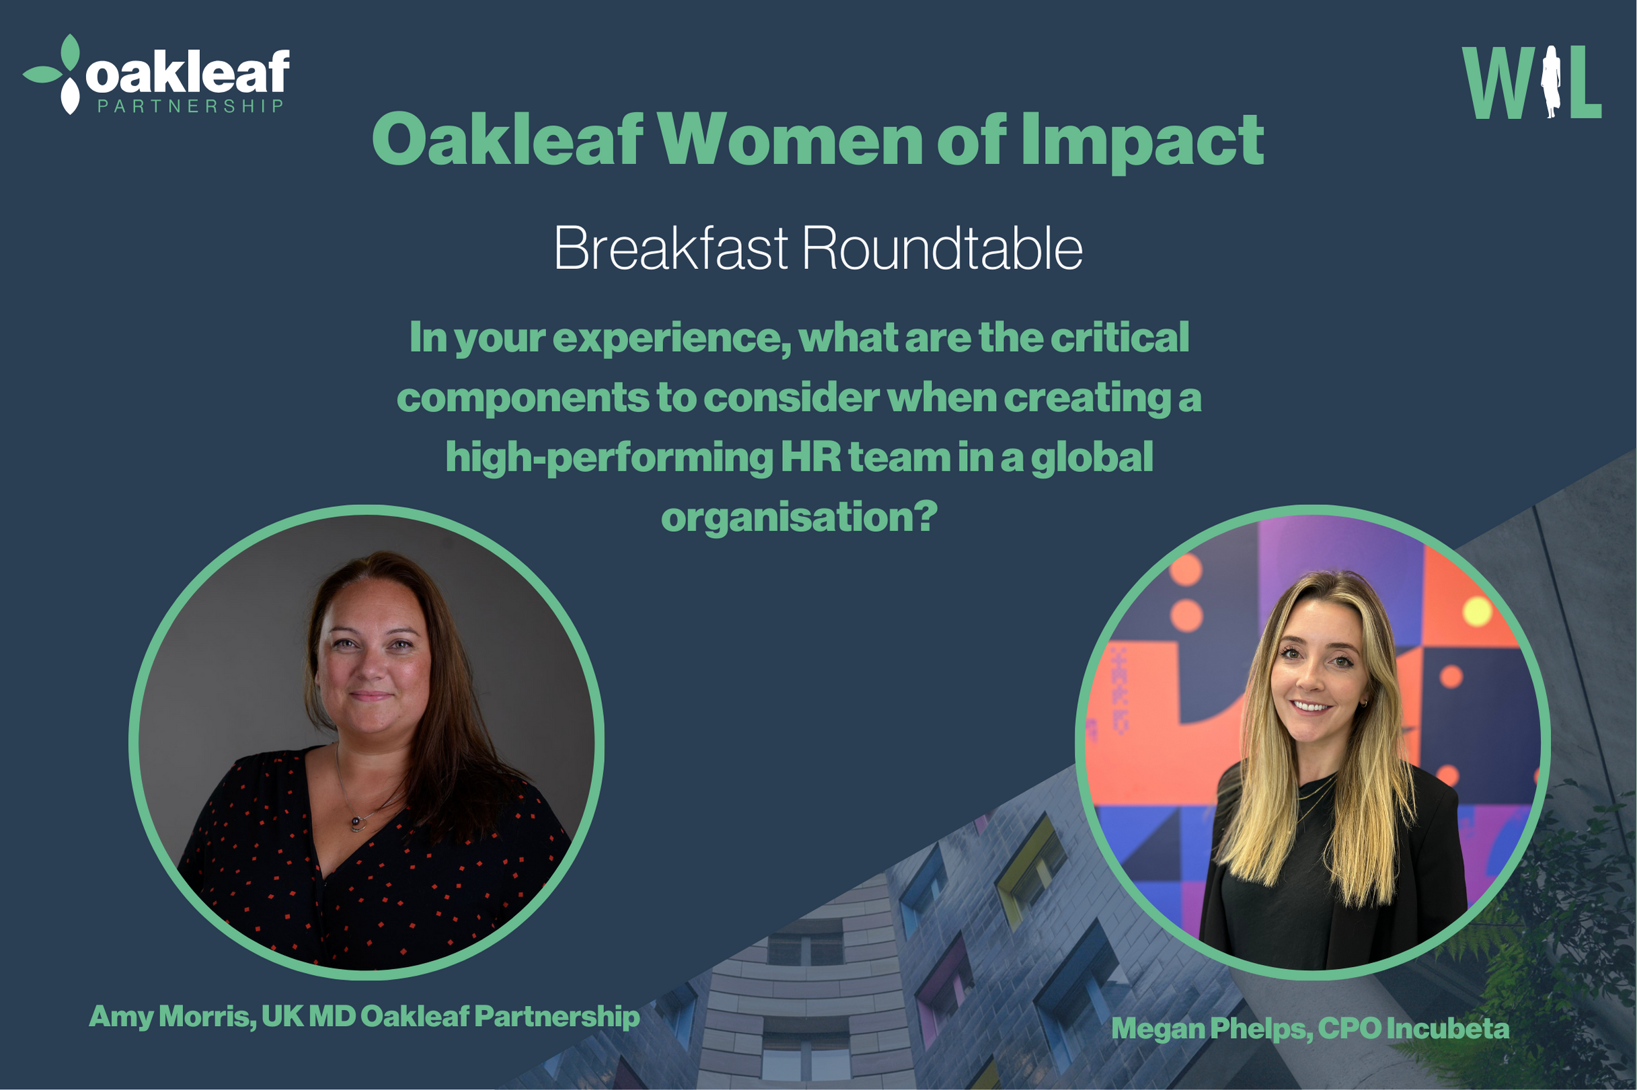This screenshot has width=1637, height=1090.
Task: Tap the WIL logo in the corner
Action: point(1531,82)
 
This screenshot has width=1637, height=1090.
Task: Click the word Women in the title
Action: point(790,140)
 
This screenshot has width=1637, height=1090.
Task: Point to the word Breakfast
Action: point(671,248)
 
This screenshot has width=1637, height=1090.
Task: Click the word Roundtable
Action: point(942,248)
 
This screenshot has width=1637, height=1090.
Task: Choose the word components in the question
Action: point(523,398)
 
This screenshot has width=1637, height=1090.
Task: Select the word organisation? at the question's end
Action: point(800,518)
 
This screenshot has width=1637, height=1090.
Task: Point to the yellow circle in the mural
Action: point(1477,613)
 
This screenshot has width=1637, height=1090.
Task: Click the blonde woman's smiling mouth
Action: point(1311,706)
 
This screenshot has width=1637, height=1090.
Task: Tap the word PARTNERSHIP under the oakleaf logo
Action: point(190,106)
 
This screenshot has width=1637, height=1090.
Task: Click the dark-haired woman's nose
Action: point(372,665)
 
